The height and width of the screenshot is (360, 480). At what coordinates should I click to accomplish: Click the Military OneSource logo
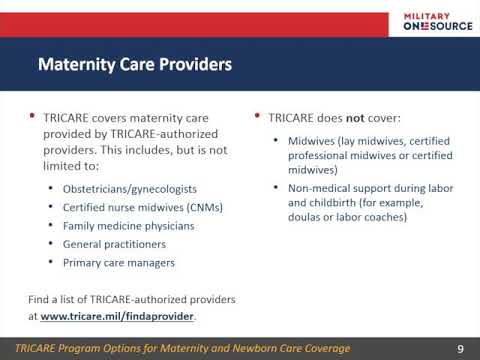[x=438, y=22]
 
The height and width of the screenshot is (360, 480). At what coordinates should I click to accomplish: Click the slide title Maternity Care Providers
[x=135, y=64]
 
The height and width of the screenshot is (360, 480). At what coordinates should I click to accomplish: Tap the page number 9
[x=460, y=349]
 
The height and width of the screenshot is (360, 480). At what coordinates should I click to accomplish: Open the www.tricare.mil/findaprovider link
[x=117, y=316]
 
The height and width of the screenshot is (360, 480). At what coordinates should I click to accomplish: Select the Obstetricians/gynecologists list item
[x=130, y=189]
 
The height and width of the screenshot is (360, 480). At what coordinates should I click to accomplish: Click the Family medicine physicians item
[x=129, y=226]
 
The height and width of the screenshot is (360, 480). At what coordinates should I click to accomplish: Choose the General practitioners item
[x=114, y=244]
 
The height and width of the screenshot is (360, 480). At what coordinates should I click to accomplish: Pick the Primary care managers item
[x=119, y=263]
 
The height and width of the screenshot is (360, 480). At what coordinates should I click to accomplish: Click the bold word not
[x=355, y=118]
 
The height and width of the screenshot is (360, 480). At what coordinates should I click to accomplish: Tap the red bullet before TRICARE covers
[x=32, y=116]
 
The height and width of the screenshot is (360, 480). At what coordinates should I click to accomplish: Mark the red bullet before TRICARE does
[x=257, y=116]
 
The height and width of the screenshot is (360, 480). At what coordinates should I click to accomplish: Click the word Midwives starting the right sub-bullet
[x=311, y=141]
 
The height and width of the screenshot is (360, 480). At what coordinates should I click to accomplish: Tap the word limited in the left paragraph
[x=60, y=166]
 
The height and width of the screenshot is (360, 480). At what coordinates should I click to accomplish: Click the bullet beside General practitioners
[x=51, y=244]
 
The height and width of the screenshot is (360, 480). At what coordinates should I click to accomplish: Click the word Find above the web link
[x=38, y=299]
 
